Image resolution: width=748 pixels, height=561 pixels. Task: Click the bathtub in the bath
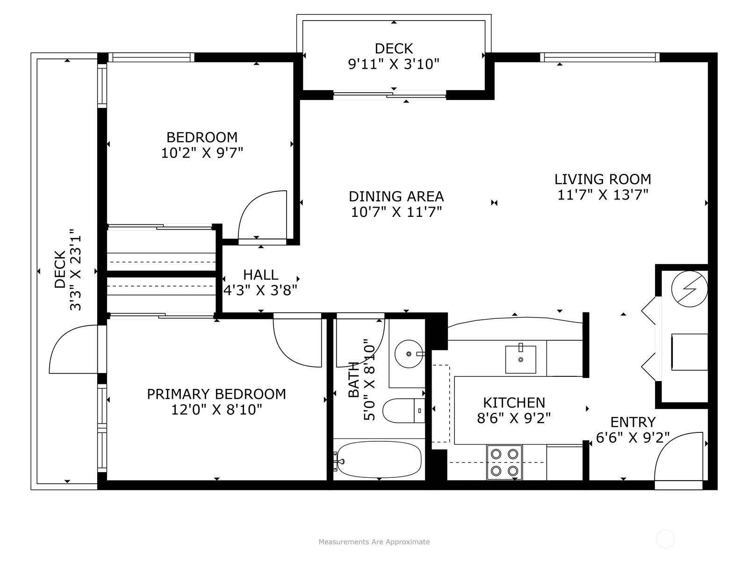(379, 460)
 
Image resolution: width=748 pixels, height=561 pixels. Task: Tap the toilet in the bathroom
(403, 410)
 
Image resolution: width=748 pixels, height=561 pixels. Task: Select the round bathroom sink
(409, 354)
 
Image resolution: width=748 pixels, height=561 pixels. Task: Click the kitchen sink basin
(520, 360)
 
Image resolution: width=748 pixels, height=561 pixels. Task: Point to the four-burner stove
(504, 462)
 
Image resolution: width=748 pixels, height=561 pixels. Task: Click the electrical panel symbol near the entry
(690, 289)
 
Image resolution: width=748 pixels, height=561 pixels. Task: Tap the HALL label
(261, 275)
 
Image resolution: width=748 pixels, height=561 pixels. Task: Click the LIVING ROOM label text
(603, 179)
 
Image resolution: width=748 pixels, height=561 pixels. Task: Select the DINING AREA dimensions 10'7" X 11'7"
(396, 212)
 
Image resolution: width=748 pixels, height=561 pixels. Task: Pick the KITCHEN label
(514, 403)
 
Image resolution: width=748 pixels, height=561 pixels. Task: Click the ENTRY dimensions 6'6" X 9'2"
(633, 438)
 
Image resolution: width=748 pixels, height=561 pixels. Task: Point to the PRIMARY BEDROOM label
(216, 394)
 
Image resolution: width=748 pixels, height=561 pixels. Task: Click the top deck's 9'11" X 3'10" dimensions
(394, 64)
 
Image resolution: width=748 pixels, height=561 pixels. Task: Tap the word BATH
(354, 380)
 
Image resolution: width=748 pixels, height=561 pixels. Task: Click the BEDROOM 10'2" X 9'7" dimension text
(202, 153)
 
